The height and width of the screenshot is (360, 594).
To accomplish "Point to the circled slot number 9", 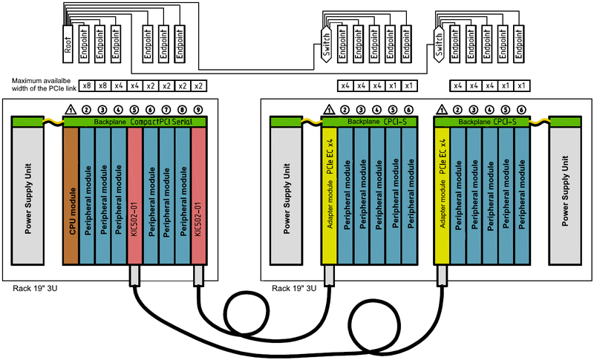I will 198,110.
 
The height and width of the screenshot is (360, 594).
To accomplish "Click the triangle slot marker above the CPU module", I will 71,110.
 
